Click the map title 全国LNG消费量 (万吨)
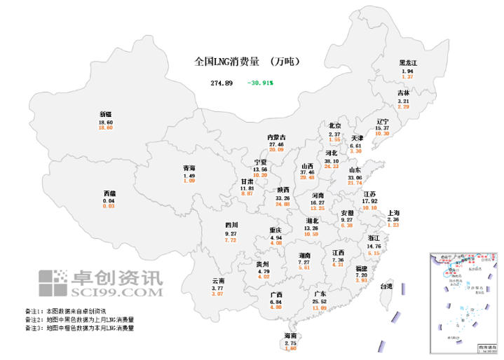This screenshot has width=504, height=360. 247,62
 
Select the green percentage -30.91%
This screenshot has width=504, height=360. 260,83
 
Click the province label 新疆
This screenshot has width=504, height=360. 106,113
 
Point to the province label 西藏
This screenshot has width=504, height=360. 109,193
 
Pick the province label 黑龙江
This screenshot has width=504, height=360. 407,63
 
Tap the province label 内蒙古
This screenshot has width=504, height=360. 276,137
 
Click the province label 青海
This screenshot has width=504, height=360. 189,168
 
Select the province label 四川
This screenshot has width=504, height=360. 231,226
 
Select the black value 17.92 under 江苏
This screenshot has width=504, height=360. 370,201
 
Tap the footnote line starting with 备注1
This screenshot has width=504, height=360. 64,311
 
